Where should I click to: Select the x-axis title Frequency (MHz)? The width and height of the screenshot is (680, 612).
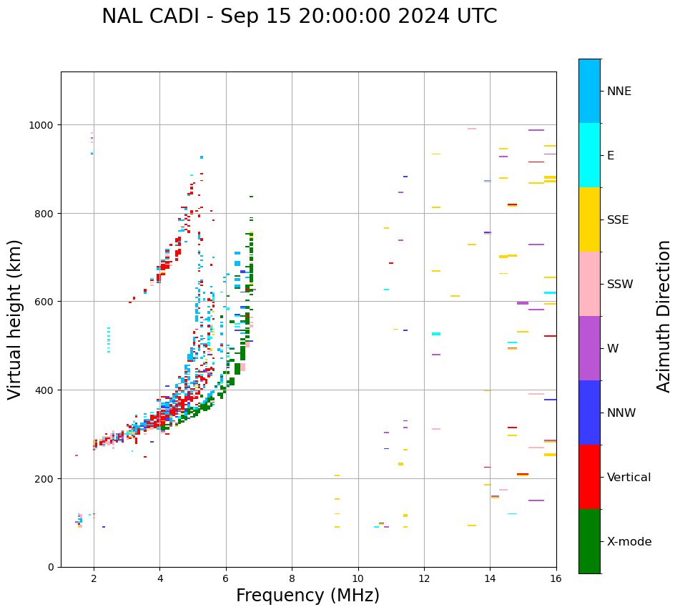(x=307, y=596)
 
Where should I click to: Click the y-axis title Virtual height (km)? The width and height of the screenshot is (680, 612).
(x=15, y=319)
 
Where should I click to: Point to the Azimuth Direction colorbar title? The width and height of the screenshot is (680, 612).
(x=664, y=316)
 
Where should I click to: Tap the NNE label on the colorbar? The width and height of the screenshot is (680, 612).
(x=619, y=91)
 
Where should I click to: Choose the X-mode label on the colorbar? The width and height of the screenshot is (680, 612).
(x=629, y=542)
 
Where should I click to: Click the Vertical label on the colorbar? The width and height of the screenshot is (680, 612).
(x=629, y=478)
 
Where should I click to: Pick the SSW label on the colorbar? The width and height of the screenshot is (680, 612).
(x=620, y=284)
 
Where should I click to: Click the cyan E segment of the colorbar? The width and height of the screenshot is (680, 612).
(x=589, y=155)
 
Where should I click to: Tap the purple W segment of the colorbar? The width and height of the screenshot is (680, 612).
(x=589, y=348)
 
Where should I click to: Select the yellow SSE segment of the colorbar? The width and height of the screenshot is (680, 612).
(x=589, y=219)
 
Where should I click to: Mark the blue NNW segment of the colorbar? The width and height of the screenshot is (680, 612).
(x=589, y=413)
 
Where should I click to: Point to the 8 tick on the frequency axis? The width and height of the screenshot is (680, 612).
(x=292, y=578)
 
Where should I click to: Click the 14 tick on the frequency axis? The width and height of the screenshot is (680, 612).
(x=490, y=578)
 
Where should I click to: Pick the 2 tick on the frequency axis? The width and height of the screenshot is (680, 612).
(x=94, y=578)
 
